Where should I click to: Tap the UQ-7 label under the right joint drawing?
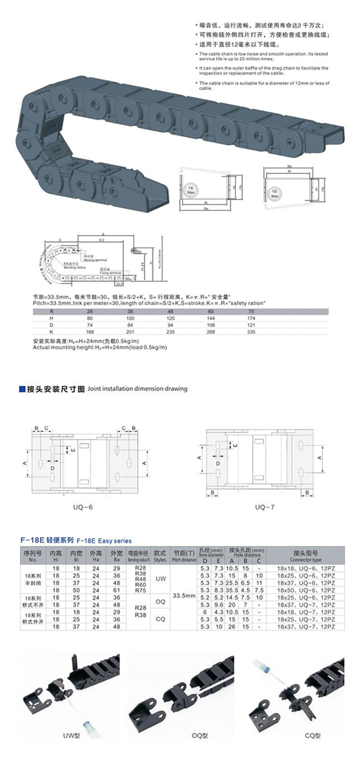tap(264, 507)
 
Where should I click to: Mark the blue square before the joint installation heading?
tap(21, 389)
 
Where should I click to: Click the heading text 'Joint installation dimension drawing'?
tap(137, 389)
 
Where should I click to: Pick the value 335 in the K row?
tap(251, 332)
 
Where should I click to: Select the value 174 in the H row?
tap(251, 318)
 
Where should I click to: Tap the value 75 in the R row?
tap(251, 311)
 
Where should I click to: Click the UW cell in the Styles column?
tap(160, 579)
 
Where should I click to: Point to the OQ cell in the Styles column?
tap(160, 601)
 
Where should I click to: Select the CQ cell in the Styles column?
tap(160, 619)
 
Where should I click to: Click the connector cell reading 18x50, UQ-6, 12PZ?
tap(306, 590)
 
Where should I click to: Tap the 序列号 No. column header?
tap(33, 556)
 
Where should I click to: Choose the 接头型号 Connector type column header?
tap(306, 556)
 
